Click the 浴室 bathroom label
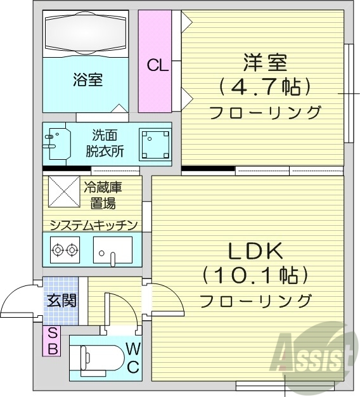88,80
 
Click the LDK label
255,252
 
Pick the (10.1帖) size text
256,276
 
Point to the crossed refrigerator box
62,192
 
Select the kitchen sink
112,250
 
